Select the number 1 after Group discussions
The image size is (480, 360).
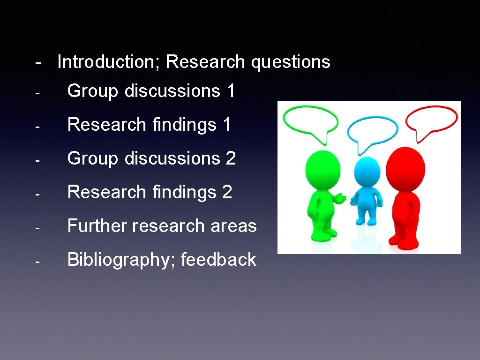pos(230,91)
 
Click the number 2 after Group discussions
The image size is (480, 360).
pos(231,158)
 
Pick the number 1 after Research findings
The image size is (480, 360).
pos(227,125)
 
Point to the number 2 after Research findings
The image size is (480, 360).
pos(227,192)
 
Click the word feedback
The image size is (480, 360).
pos(218,260)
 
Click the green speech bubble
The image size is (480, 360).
pos(312,120)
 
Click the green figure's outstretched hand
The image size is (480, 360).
pos(341,199)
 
